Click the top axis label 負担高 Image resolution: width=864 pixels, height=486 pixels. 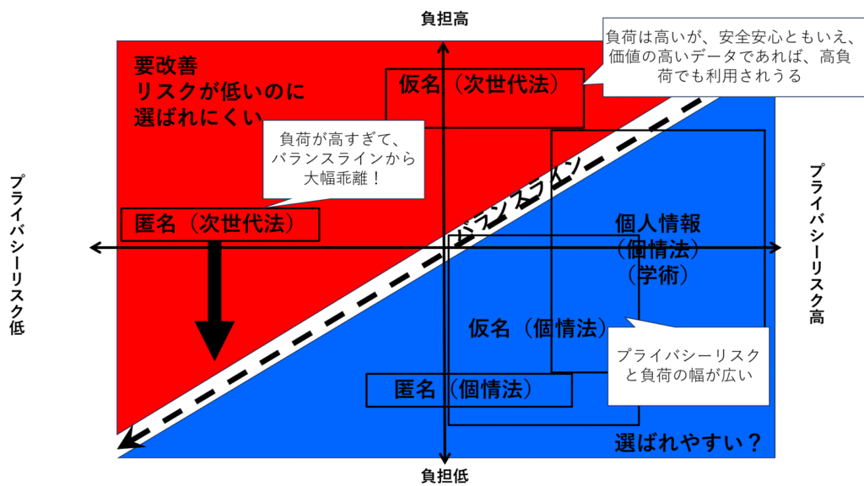(445, 19)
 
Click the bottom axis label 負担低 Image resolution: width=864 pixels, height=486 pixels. (445, 476)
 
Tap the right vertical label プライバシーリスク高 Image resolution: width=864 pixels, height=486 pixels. (816, 244)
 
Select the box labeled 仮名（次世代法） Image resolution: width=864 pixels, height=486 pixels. (484, 86)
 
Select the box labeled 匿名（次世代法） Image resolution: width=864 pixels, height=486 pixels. (220, 224)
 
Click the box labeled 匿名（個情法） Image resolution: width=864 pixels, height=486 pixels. (468, 390)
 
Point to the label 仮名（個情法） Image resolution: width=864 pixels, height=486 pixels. (538, 327)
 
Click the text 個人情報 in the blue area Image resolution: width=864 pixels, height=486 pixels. (658, 224)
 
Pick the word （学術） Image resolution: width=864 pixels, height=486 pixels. (659, 275)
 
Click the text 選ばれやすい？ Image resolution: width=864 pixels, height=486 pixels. (688, 441)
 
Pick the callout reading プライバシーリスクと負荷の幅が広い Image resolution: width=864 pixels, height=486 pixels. (688, 364)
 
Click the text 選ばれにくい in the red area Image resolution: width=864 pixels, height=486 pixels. (199, 116)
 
